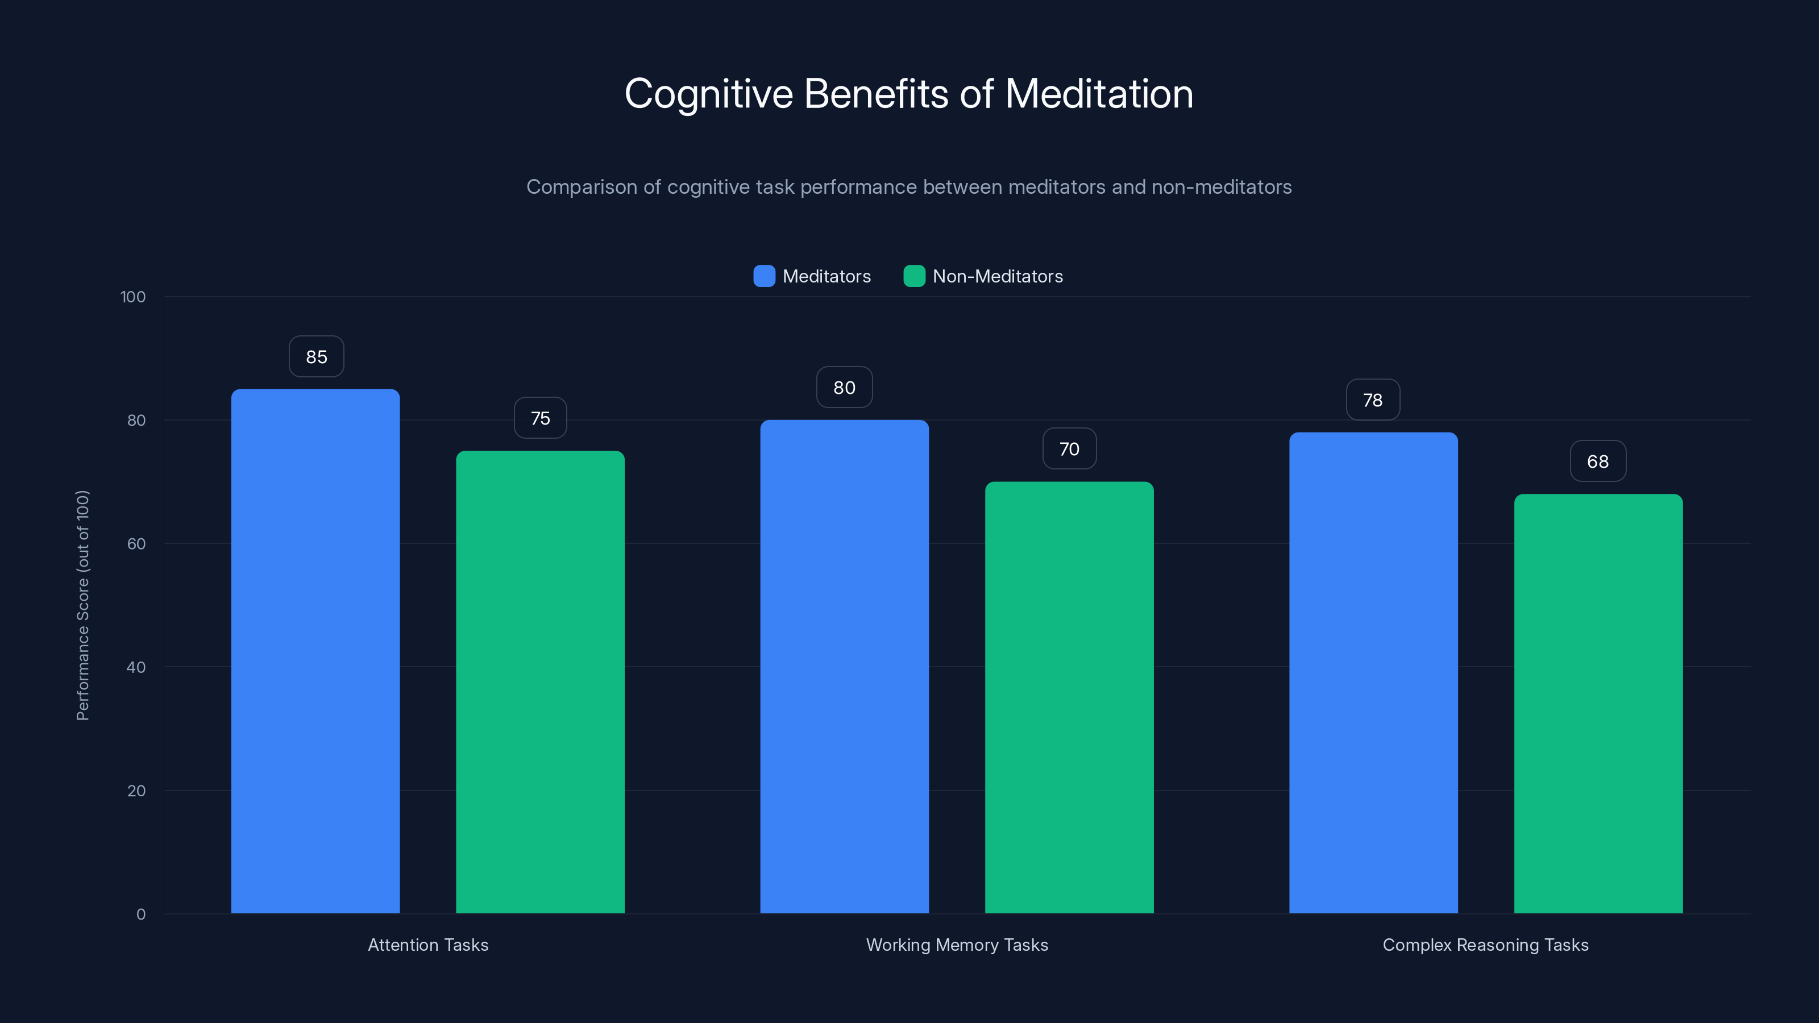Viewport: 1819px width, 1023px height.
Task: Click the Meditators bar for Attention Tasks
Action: (x=315, y=651)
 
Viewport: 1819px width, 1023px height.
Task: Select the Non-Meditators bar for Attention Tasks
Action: (x=540, y=682)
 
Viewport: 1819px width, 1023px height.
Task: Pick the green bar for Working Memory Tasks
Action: (x=1069, y=697)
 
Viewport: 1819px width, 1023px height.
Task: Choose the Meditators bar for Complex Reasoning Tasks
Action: (x=1373, y=673)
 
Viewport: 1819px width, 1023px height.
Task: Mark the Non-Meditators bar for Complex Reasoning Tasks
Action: (x=1598, y=704)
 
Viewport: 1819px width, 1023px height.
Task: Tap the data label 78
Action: (x=1373, y=400)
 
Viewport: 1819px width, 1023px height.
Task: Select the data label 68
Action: (x=1598, y=461)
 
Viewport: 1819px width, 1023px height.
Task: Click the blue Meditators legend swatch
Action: (x=764, y=276)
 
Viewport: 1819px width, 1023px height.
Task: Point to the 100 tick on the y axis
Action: (x=133, y=297)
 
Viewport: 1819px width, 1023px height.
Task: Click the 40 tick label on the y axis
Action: (x=136, y=667)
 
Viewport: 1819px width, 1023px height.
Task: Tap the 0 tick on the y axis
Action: (x=140, y=914)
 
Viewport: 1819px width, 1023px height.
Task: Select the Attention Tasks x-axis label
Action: (x=428, y=945)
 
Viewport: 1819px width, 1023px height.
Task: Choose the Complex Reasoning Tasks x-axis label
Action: (x=1485, y=945)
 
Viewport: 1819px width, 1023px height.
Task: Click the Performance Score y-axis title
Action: (x=82, y=605)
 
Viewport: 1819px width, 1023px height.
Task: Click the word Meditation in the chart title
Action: (x=1099, y=94)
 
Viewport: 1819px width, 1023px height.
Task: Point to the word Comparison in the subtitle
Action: (x=582, y=187)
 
